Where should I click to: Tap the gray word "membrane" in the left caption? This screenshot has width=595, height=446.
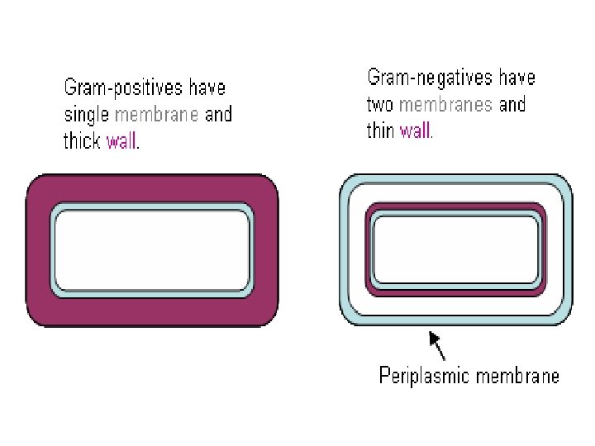click(x=156, y=115)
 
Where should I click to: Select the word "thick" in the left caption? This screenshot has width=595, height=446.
click(x=82, y=141)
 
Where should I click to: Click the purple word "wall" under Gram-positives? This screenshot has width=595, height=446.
click(x=122, y=141)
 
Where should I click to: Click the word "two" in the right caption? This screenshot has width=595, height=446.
click(x=380, y=105)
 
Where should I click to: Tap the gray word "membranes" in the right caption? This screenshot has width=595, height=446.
click(x=445, y=105)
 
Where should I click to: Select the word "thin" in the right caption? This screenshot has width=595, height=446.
click(x=380, y=130)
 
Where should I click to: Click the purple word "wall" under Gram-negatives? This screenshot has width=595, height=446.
click(x=415, y=130)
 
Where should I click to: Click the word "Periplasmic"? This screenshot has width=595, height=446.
click(x=421, y=377)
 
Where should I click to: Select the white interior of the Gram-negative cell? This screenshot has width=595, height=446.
click(x=455, y=248)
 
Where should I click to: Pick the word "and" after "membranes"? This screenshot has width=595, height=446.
click(x=512, y=105)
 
